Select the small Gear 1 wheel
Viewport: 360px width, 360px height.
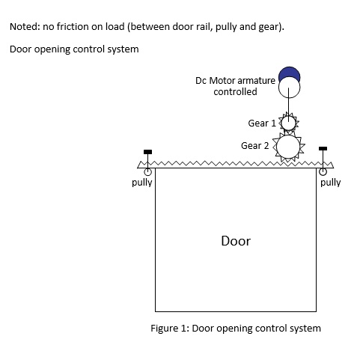coord(288,122)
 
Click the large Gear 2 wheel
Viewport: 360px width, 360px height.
coord(289,147)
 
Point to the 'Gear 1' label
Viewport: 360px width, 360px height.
coord(261,123)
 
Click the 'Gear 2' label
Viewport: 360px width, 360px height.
coord(254,145)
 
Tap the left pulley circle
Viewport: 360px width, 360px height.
coord(148,171)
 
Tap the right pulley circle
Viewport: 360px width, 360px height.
coord(323,168)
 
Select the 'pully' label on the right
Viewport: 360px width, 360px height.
coord(330,182)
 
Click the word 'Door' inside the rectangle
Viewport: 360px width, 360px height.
coord(236,241)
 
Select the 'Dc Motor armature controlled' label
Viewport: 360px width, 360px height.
coord(235,85)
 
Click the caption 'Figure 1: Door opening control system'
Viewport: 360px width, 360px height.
coord(235,328)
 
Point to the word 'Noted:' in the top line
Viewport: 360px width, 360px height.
coord(23,27)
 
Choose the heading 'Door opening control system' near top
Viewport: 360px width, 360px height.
coord(74,49)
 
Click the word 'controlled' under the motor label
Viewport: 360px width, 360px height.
coord(235,91)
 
